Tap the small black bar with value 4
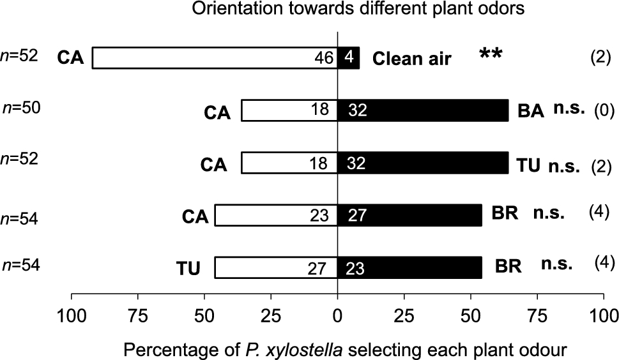pyautogui.click(x=349, y=58)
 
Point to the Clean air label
pyautogui.click(x=412, y=59)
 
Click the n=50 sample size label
pyautogui.click(x=22, y=109)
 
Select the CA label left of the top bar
pyautogui.click(x=70, y=59)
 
